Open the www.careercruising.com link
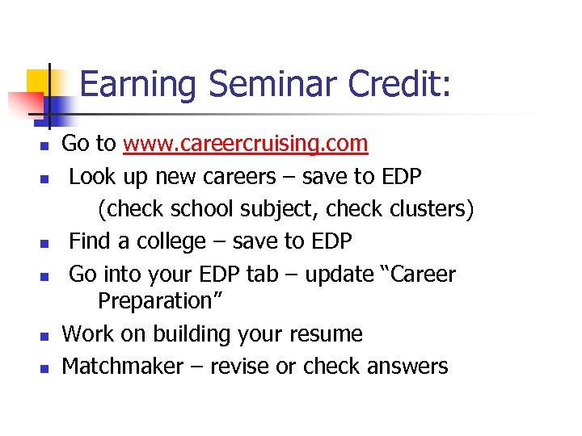click(x=246, y=145)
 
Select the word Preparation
click(x=158, y=301)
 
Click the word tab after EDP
click(x=261, y=275)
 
